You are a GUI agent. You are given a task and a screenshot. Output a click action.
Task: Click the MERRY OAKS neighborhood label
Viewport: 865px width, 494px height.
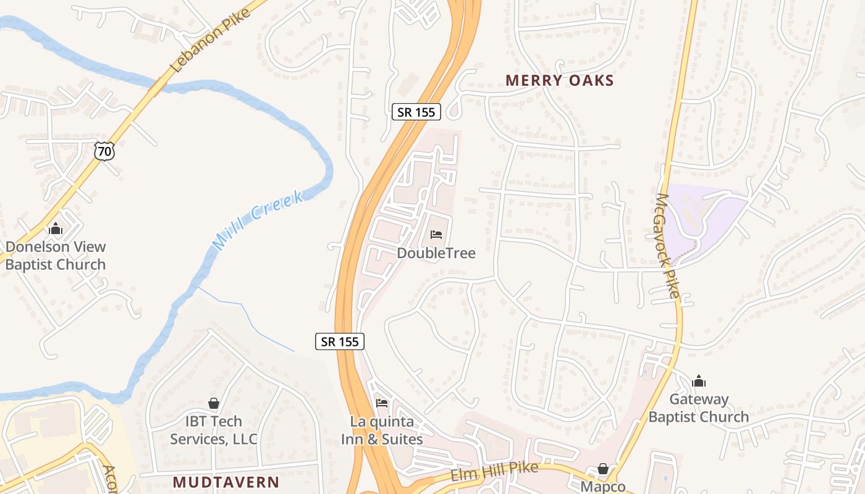(x=560, y=80)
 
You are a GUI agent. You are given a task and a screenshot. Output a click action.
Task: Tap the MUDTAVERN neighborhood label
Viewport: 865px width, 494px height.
(x=226, y=482)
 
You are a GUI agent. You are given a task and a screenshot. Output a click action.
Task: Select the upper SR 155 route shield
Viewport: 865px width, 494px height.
(x=416, y=112)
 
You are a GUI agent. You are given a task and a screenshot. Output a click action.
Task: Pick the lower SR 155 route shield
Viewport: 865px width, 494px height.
(x=340, y=341)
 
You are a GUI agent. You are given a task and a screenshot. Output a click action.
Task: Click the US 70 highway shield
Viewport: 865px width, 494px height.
(x=104, y=150)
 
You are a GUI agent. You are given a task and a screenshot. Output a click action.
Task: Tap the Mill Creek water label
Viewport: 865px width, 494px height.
(x=258, y=220)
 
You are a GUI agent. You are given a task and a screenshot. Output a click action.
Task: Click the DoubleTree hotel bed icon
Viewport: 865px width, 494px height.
(x=436, y=235)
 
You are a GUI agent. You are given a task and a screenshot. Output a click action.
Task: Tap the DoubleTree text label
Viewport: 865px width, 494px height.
(x=436, y=253)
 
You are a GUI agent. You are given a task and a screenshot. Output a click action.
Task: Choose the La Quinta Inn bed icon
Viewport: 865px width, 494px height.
(x=382, y=404)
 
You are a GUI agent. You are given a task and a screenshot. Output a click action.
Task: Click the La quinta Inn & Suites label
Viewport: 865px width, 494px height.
(x=382, y=430)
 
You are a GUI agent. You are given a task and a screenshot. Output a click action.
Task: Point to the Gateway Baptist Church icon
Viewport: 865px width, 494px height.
(x=699, y=380)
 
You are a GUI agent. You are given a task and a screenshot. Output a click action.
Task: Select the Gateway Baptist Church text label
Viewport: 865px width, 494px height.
(x=699, y=408)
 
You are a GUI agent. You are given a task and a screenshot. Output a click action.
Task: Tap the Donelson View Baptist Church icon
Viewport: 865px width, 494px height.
(x=56, y=228)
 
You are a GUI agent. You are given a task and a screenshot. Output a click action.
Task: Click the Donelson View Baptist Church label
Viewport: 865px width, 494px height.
(x=56, y=256)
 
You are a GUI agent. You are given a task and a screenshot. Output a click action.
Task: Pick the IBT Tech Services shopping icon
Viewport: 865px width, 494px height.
(x=214, y=404)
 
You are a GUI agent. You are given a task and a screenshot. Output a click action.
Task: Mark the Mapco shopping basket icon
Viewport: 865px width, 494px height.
(x=603, y=469)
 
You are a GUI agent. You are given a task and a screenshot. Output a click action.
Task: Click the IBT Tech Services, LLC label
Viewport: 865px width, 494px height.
(x=214, y=430)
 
